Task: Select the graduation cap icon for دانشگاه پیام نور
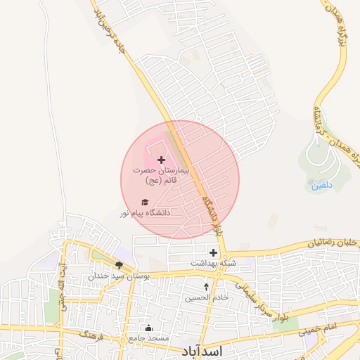coord(146,202)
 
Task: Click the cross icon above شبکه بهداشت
coord(214,252)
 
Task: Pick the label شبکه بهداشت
coord(211,263)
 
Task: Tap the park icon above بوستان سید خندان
coord(119,265)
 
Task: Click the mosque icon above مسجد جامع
coord(148,328)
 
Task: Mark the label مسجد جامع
coord(148,338)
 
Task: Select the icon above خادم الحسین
coord(206,286)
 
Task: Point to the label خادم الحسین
coord(207,297)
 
